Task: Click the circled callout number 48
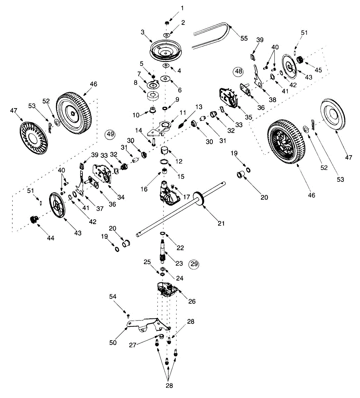pyautogui.click(x=239, y=71)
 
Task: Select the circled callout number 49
pyautogui.click(x=110, y=134)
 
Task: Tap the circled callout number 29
pyautogui.click(x=194, y=264)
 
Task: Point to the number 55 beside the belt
pyautogui.click(x=244, y=38)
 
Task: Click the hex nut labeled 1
pyautogui.click(x=167, y=23)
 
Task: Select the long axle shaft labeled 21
pyautogui.click(x=181, y=209)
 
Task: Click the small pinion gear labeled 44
pyautogui.click(x=34, y=220)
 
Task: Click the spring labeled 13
pyautogui.click(x=181, y=126)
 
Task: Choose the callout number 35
pyautogui.click(x=248, y=117)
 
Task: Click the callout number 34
pyautogui.click(x=121, y=197)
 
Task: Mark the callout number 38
pyautogui.click(x=272, y=99)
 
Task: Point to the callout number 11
pyautogui.click(x=183, y=112)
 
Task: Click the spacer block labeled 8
pyautogui.click(x=153, y=96)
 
